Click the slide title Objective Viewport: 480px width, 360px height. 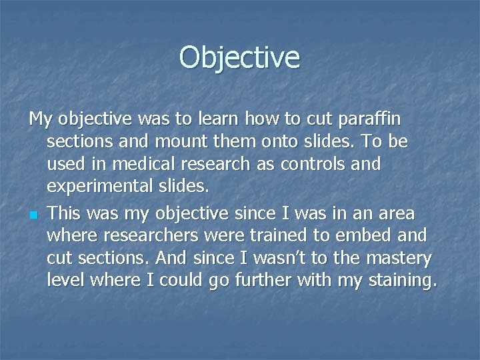click(239, 57)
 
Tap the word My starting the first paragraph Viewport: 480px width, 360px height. click(41, 120)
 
